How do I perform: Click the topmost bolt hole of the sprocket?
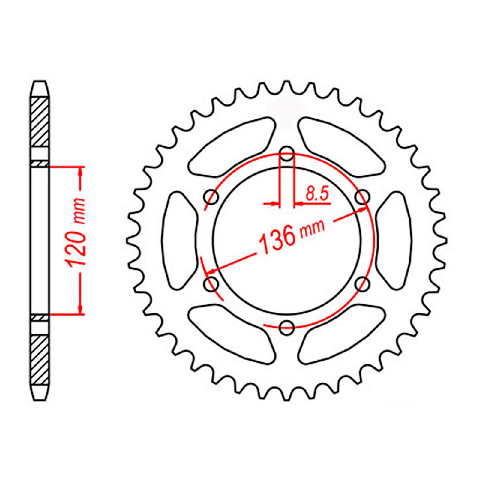pyautogui.click(x=287, y=154)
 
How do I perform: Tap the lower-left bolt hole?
pyautogui.click(x=211, y=283)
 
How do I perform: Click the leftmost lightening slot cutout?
pyautogui.click(x=180, y=240)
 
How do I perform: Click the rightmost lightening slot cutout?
pyautogui.click(x=394, y=240)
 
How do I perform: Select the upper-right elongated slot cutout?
pyautogui.click(x=342, y=144)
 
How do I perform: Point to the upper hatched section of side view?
pyautogui.click(x=40, y=121)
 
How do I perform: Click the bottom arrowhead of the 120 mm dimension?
pyautogui.click(x=80, y=308)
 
